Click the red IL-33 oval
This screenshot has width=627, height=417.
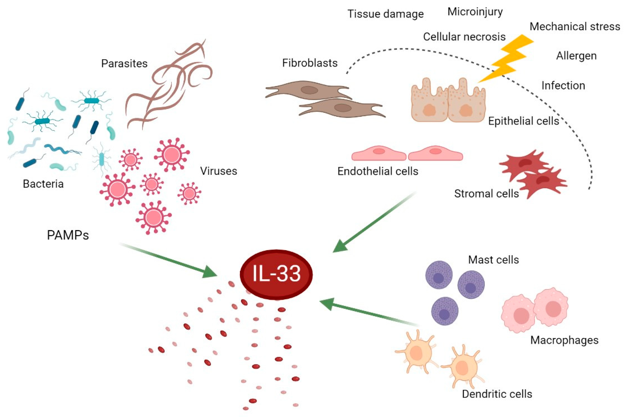276,274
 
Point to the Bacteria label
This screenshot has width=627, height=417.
43,184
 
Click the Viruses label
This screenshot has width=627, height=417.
218,171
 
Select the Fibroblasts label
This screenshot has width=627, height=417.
310,63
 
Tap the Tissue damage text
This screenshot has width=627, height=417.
385,14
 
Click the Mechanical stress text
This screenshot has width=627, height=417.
575,27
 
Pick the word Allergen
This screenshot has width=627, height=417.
576,56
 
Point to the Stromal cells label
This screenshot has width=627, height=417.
486,194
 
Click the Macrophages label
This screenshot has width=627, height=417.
564,340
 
